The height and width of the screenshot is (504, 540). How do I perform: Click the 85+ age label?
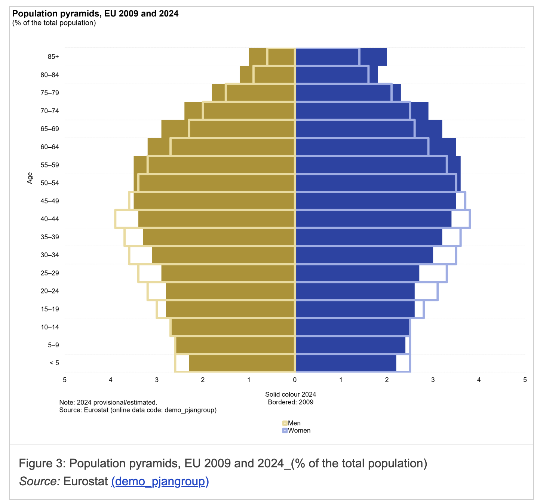point(53,57)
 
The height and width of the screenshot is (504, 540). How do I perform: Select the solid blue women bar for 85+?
point(337,57)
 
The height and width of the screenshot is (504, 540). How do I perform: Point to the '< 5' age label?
point(54,363)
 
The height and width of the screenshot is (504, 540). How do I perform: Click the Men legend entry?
point(294,423)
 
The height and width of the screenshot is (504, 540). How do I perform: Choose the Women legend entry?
point(299,431)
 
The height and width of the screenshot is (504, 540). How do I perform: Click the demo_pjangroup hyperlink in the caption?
point(160,481)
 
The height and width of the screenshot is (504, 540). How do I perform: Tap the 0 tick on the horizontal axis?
point(295,380)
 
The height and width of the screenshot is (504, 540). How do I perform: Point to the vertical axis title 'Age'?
point(30,178)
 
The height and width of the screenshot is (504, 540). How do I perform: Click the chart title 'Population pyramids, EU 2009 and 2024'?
point(95,14)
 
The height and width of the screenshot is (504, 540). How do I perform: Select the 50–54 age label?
point(50,183)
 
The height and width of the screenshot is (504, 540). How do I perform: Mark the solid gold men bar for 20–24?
point(230,291)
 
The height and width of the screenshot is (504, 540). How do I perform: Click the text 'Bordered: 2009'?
point(291,402)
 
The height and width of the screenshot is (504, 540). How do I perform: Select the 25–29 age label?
point(50,273)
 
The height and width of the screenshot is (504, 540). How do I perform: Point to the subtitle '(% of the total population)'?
point(54,23)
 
